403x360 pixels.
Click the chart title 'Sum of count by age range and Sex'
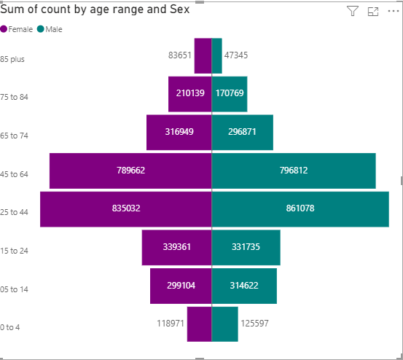(x=95, y=9)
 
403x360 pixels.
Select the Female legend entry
(x=17, y=29)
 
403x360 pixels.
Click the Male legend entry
(x=50, y=29)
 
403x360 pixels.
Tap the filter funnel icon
(x=353, y=11)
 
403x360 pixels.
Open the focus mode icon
(x=373, y=12)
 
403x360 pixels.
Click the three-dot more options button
(x=394, y=11)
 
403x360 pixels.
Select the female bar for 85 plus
(x=203, y=56)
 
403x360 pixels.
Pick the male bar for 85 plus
(x=216, y=56)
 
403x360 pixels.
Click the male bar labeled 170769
(x=230, y=94)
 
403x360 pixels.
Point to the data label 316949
(x=179, y=132)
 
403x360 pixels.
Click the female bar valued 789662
(x=130, y=171)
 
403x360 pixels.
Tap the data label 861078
(x=300, y=208)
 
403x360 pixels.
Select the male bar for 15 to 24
(x=246, y=248)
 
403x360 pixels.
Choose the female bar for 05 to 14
(x=181, y=286)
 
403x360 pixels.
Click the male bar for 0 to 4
(x=225, y=324)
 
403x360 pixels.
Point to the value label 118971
(x=171, y=324)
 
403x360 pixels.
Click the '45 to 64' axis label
(x=14, y=174)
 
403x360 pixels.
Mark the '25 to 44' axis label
(x=14, y=212)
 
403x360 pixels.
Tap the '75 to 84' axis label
(x=14, y=97)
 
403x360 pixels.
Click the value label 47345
(x=236, y=55)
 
